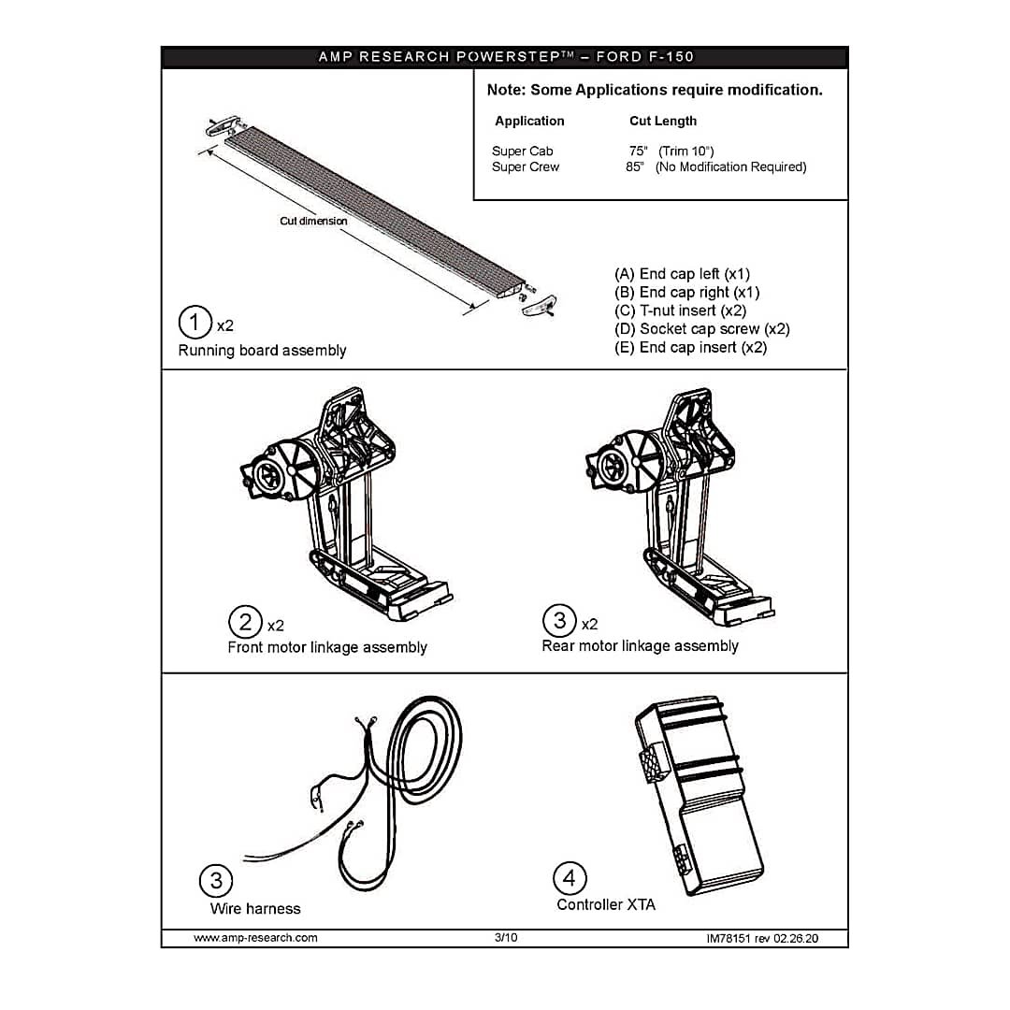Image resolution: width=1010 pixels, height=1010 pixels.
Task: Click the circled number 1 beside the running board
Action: coord(195,322)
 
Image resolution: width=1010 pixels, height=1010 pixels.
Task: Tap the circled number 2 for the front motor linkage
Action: coord(245,622)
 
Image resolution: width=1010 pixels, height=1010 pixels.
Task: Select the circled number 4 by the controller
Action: coord(570,878)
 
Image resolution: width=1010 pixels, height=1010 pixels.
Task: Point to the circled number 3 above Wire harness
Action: coord(216,881)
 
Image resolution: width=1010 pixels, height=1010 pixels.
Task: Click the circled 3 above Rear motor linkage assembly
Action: coord(559,621)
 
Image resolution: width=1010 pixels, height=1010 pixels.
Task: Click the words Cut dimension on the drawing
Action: coord(313,221)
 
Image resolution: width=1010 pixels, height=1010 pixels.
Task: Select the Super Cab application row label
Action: coord(523,151)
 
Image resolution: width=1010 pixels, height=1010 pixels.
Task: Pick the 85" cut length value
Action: coord(635,166)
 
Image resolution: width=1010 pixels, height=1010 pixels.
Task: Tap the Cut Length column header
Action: coord(663,121)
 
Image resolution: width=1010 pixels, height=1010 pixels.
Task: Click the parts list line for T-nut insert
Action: coord(680,310)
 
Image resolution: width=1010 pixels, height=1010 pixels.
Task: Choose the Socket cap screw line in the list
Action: coord(702,329)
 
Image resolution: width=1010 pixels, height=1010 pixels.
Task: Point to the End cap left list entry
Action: coord(682,274)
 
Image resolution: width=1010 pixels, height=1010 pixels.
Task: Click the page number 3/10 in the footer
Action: coord(506,938)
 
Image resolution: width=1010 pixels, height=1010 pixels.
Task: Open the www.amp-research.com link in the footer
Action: coord(255,938)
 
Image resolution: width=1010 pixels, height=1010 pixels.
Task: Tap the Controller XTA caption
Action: coord(606,905)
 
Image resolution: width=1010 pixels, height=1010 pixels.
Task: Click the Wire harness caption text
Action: coord(255,909)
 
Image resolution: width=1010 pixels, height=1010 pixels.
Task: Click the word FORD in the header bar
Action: coord(619,57)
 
